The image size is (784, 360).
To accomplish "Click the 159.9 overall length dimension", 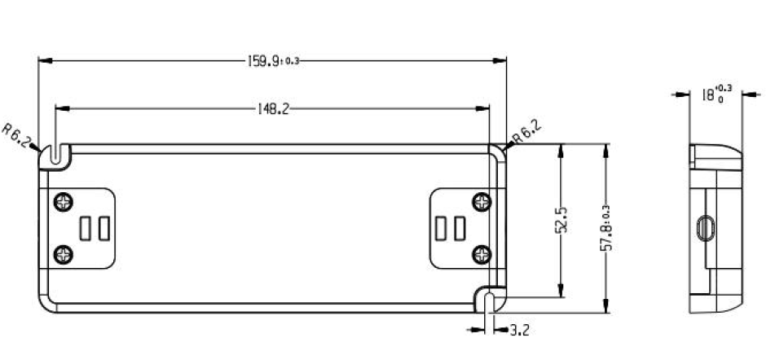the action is tap(274, 61).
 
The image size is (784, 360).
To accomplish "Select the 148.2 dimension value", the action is tap(273, 108).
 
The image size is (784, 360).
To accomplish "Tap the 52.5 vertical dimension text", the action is tap(561, 221).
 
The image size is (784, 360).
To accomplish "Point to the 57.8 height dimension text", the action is tap(606, 227).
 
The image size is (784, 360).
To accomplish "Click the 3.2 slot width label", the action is tap(519, 330).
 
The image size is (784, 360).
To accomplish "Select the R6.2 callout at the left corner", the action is tap(15, 135).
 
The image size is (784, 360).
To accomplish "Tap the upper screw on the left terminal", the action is tap(64, 202).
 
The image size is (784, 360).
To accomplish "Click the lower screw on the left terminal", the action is tap(64, 254).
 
